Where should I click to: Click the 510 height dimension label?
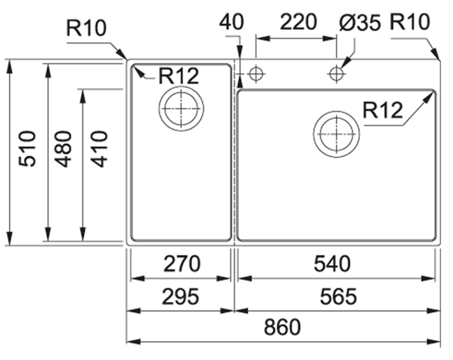[x=28, y=149]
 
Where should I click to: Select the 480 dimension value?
[x=64, y=149]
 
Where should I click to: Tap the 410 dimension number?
[x=100, y=149]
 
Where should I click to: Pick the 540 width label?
[x=332, y=263]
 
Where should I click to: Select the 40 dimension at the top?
[x=232, y=22]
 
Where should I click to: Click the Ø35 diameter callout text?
[x=360, y=23]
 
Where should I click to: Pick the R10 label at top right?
[x=409, y=22]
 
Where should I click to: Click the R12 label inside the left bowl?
[x=178, y=76]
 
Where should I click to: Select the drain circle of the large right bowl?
[x=336, y=134]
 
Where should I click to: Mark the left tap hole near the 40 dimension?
[x=256, y=74]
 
